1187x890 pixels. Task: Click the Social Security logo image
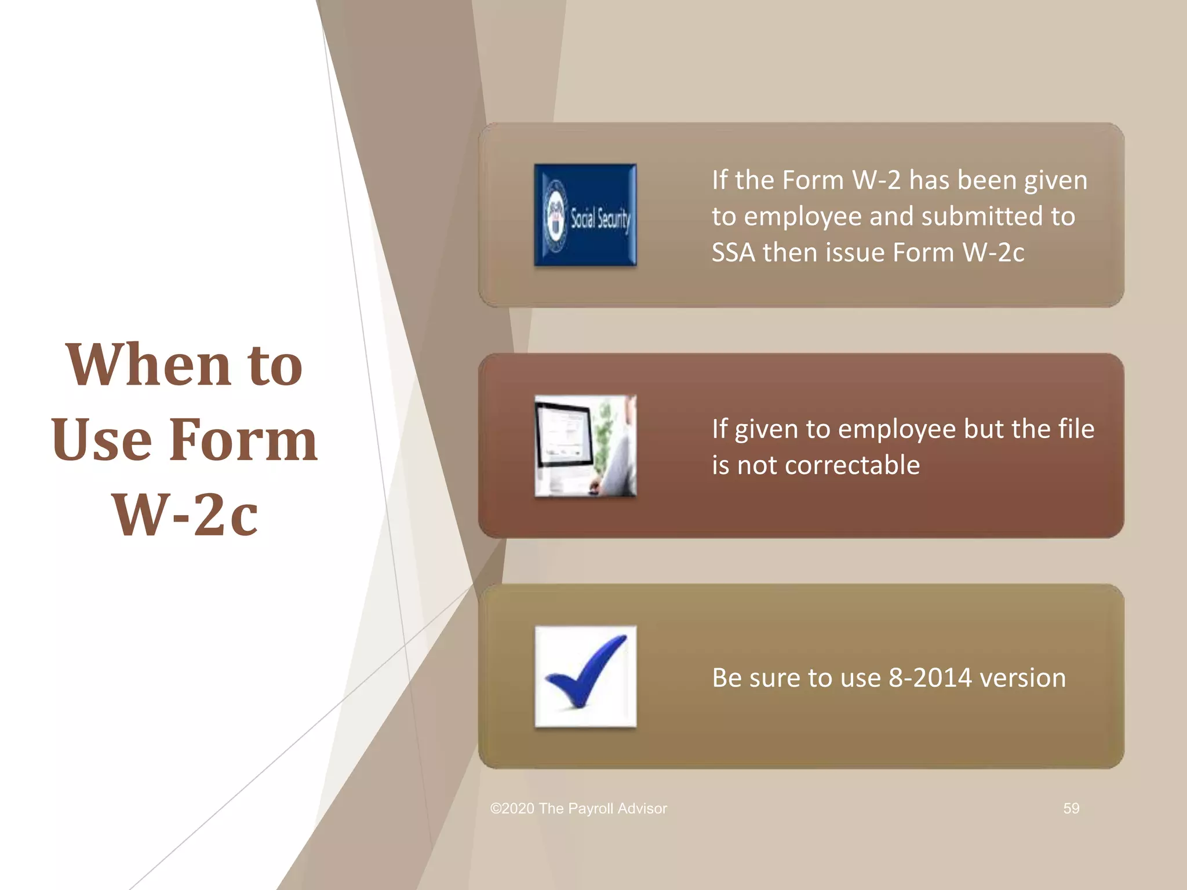pos(585,215)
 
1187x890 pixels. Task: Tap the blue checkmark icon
pos(585,676)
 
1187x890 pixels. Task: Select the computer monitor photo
pos(585,446)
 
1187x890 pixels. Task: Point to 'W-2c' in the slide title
pos(185,515)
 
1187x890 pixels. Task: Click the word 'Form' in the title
pos(243,440)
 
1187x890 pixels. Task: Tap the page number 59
pos(1071,808)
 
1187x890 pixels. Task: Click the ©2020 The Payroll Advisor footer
pos(578,808)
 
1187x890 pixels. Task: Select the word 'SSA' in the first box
pos(733,253)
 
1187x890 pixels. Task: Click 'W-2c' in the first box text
pos(993,253)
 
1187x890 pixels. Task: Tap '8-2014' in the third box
pos(930,678)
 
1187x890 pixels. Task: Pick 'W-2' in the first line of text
pos(876,180)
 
